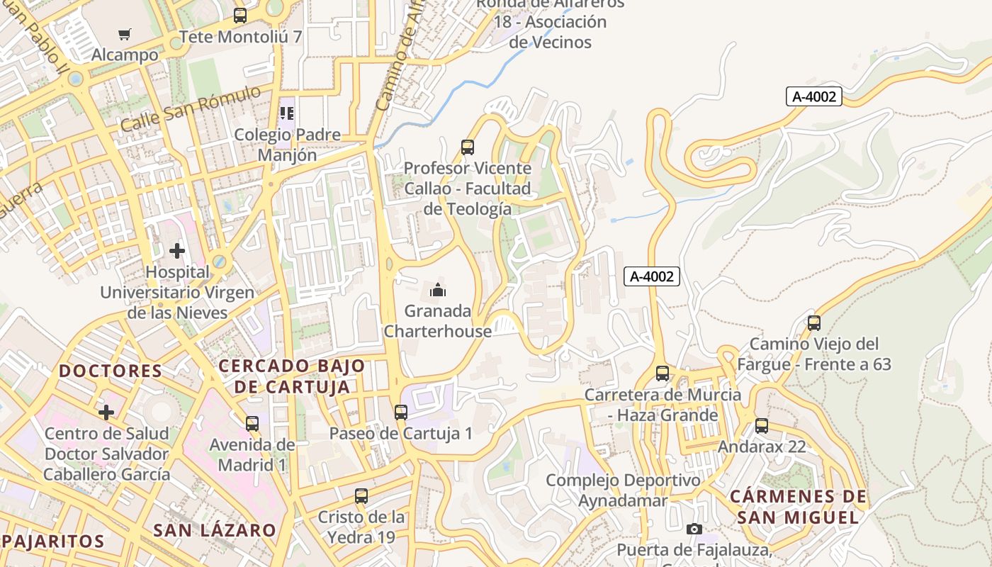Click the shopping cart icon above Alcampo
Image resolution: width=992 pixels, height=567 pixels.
[x=125, y=34]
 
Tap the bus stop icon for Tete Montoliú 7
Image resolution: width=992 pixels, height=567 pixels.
[x=240, y=16]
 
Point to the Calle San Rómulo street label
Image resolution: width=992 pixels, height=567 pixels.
[x=190, y=108]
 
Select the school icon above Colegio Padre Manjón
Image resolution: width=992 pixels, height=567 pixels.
[x=287, y=113]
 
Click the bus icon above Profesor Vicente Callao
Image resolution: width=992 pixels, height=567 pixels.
[x=468, y=147]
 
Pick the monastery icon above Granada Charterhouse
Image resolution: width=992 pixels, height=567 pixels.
[x=438, y=290]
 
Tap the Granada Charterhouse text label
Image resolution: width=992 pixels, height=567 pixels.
[x=438, y=321]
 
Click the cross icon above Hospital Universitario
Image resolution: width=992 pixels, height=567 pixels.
[x=177, y=251]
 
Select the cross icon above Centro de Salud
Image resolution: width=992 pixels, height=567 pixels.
[x=106, y=412]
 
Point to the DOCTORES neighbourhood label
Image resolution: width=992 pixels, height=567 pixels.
[x=111, y=371]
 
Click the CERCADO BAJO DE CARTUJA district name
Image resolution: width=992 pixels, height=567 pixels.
[x=292, y=376]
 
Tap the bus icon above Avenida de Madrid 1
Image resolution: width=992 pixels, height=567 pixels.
[x=252, y=424]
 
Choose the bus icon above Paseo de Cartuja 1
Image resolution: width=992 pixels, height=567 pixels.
[x=401, y=412]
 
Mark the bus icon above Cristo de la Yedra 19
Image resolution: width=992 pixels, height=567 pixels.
[x=361, y=496]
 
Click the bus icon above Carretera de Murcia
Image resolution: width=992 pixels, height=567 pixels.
[x=663, y=374]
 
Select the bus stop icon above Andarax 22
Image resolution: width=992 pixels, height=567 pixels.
[x=762, y=426]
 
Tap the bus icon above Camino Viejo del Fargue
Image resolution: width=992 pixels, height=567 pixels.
[x=814, y=323]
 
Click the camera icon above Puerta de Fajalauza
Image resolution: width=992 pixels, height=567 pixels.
[x=694, y=529]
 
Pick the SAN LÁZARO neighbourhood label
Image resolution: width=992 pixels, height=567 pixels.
[x=215, y=530]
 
